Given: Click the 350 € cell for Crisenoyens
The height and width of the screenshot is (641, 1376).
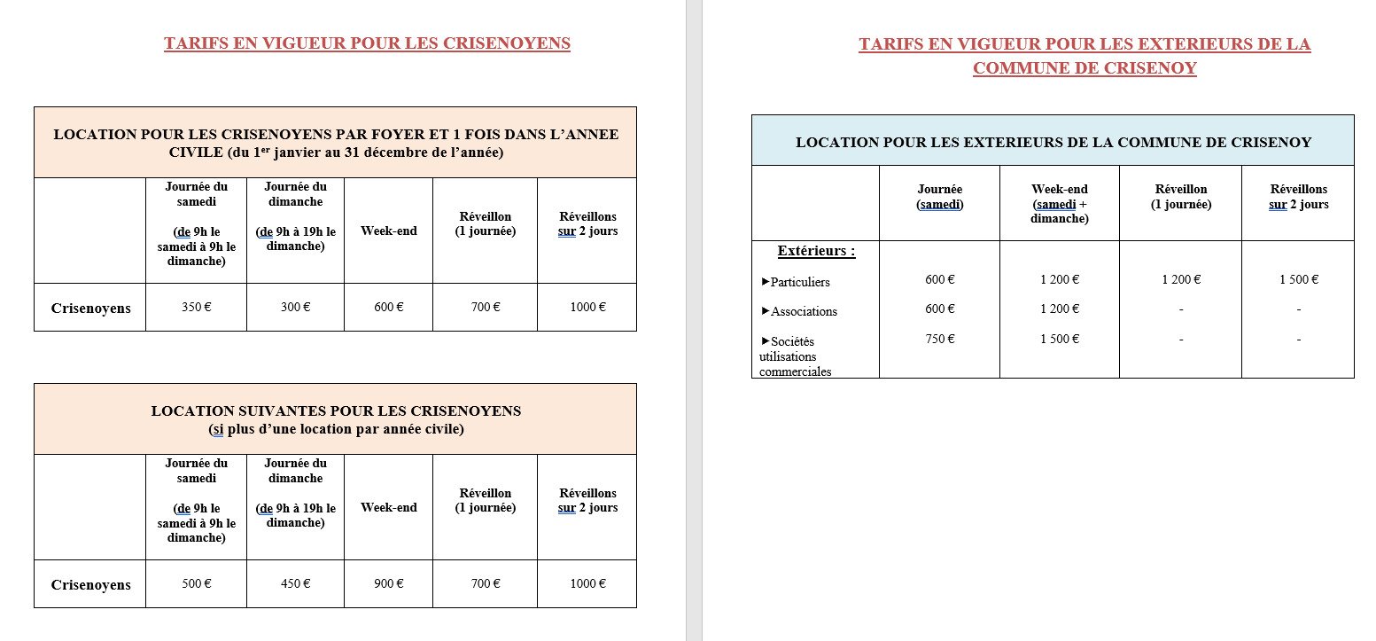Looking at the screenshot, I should tap(195, 308).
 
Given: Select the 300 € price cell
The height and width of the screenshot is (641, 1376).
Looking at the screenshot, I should tap(295, 308).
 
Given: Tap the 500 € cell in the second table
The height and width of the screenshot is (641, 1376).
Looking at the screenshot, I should tap(195, 584).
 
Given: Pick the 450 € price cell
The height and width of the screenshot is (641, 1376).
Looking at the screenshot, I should tap(295, 584).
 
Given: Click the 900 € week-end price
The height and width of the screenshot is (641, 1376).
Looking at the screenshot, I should tap(388, 584).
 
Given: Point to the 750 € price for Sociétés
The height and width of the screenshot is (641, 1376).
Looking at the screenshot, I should tap(939, 339).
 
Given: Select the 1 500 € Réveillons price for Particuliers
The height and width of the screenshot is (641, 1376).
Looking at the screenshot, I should tap(1298, 279).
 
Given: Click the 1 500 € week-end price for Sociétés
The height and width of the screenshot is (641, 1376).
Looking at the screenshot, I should tap(1060, 339).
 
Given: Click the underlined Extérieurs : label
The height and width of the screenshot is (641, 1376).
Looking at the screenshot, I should tap(816, 251).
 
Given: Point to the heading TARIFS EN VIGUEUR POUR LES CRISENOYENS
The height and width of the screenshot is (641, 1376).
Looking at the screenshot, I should tap(367, 44).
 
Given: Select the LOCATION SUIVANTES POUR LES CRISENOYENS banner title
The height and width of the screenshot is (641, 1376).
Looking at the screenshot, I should tap(336, 411).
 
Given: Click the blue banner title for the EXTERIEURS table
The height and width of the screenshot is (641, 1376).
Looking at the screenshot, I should tap(1053, 142).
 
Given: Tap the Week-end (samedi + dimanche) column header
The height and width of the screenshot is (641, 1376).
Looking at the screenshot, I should tap(1060, 204).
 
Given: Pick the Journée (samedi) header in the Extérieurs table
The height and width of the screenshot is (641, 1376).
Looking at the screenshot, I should tap(939, 197).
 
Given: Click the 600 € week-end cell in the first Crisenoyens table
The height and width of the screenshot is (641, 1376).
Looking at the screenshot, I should tap(388, 308).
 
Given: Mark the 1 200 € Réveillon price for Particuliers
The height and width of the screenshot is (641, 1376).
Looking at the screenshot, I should tap(1181, 279).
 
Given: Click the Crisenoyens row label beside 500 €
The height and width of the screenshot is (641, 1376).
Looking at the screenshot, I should tap(90, 585).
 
